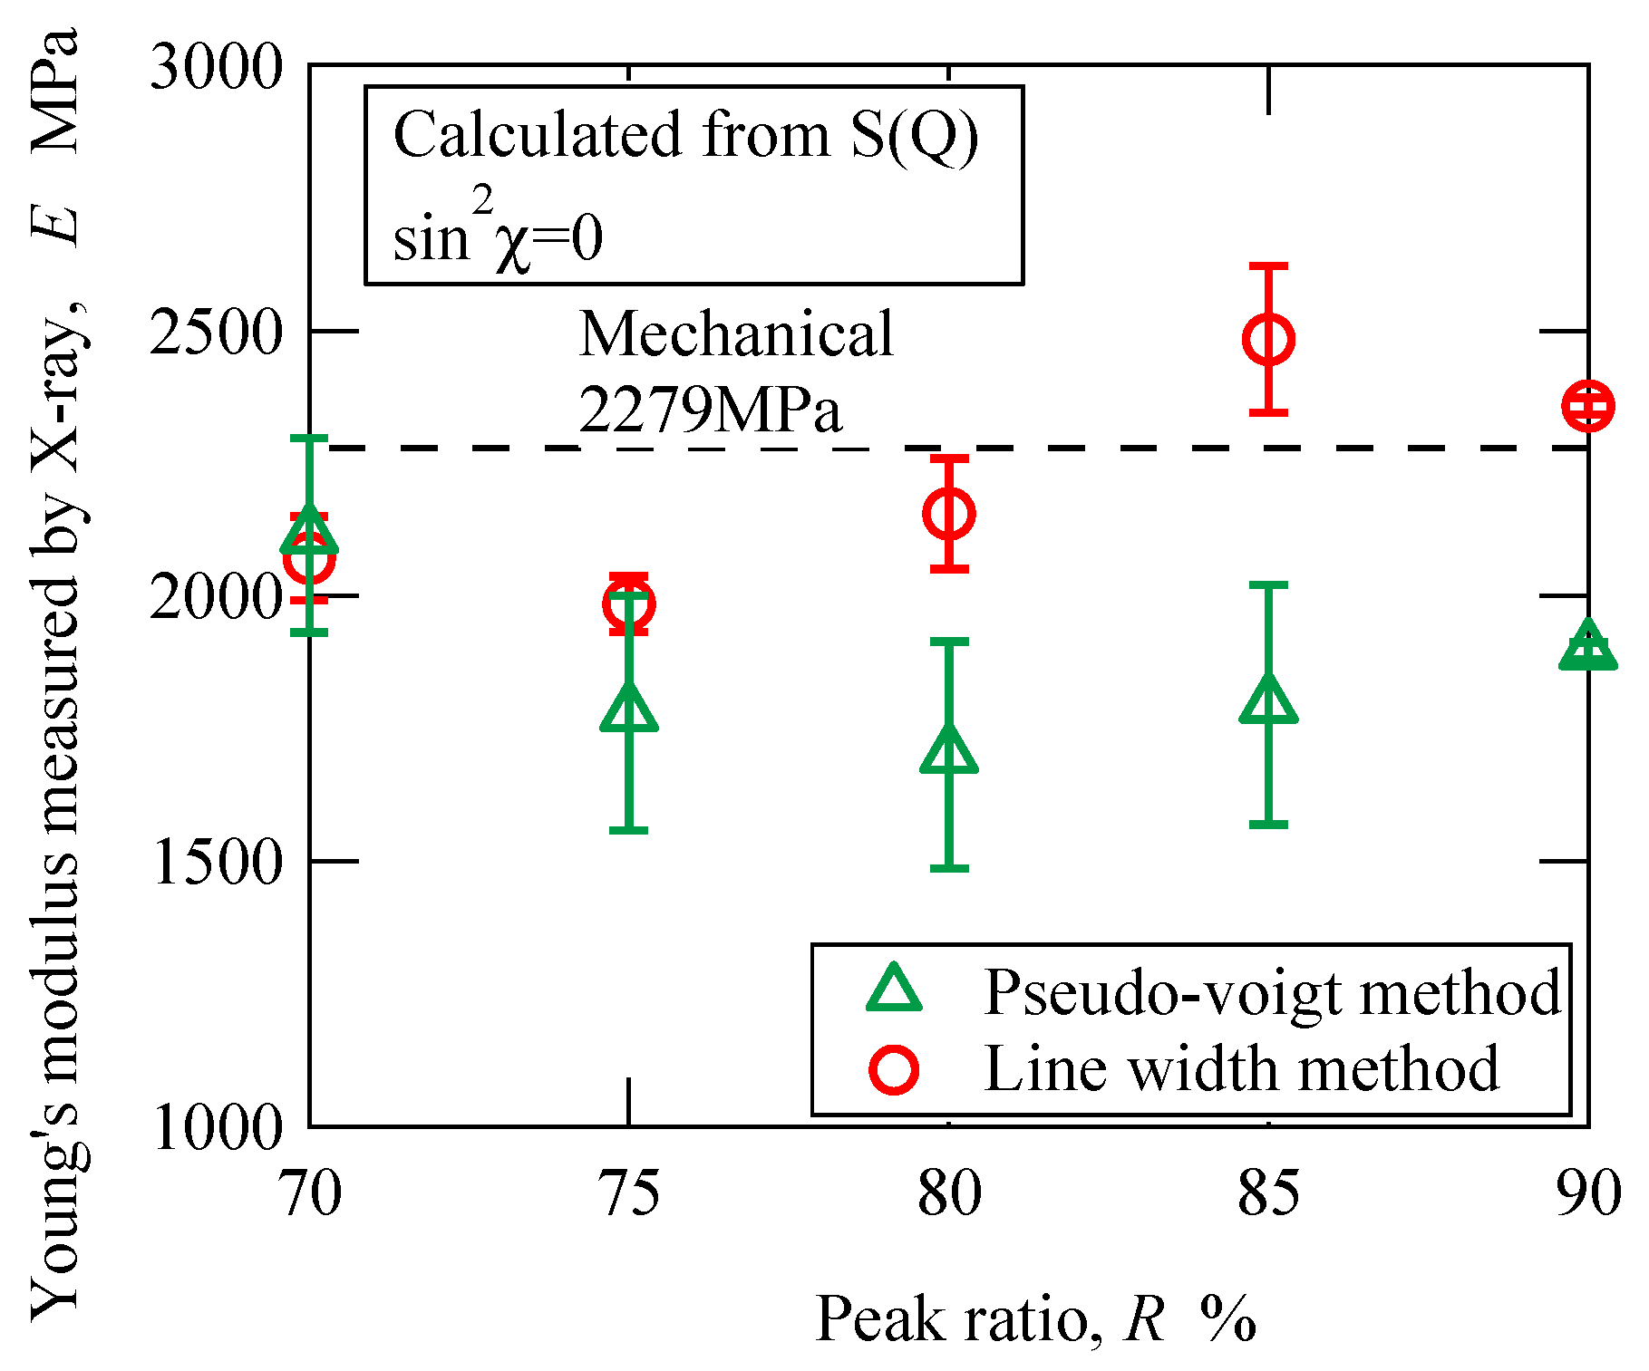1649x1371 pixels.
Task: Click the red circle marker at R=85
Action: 1268,340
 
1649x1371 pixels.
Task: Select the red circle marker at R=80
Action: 948,514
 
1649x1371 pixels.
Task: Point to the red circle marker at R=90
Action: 1587,405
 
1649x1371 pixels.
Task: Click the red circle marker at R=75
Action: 628,603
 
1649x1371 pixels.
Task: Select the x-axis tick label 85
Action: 1268,1193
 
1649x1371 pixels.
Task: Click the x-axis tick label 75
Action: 629,1193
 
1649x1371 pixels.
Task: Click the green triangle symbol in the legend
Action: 894,990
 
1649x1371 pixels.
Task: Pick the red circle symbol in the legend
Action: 894,1069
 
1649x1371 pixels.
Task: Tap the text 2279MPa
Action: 710,410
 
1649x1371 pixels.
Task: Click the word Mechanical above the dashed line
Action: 735,334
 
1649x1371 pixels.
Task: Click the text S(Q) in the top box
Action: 915,136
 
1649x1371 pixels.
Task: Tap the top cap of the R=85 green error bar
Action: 1268,585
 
